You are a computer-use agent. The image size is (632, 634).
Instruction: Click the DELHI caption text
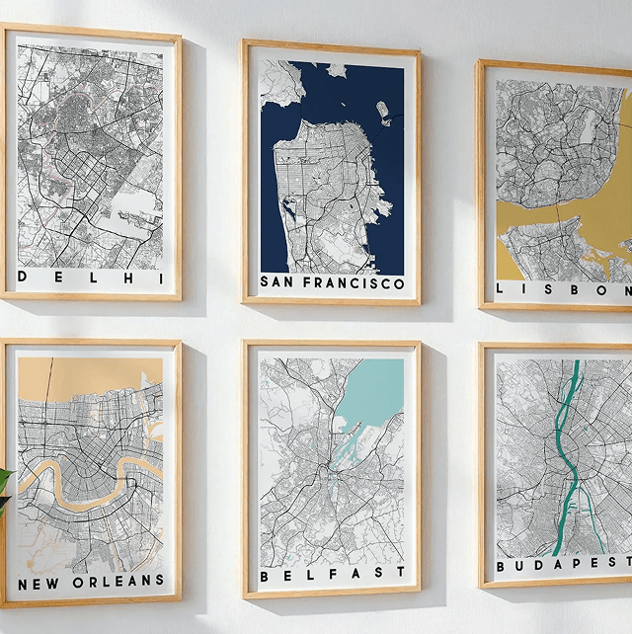pos(90,277)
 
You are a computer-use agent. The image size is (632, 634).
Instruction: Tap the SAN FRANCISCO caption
pos(332,282)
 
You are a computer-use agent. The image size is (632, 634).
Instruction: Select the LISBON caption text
pos(564,289)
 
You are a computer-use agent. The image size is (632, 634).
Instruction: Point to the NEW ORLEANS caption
pos(90,581)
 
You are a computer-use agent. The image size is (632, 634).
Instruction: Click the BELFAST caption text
pos(332,573)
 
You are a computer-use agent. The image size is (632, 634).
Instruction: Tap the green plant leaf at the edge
pos(4,484)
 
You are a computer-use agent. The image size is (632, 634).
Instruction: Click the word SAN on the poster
pos(276,282)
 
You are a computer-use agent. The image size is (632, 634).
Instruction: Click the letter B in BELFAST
pos(265,574)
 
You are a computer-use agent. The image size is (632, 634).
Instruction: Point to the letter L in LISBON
pos(502,289)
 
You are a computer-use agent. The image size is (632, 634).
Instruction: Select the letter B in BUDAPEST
pos(501,567)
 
